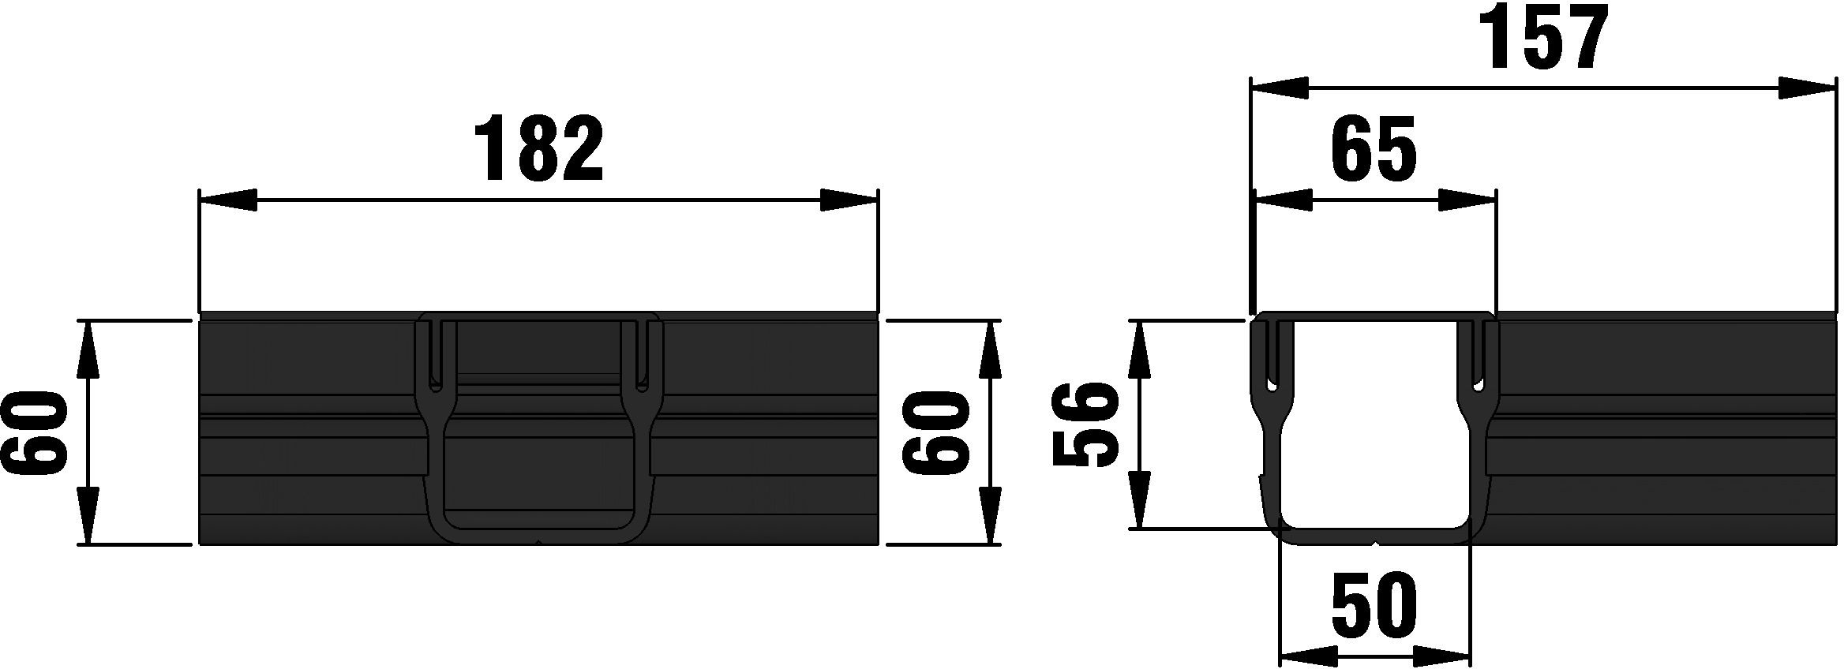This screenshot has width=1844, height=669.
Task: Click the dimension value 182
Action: pos(539,148)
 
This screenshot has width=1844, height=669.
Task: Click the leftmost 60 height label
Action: pos(33,435)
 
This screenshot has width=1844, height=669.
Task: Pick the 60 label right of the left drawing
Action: pos(936,434)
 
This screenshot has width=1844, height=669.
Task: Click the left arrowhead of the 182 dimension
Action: pos(228,200)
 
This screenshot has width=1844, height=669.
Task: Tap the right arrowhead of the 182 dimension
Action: pos(849,200)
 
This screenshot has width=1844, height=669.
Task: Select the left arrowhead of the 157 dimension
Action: pos(1280,88)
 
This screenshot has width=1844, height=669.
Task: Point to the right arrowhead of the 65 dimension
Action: pos(1467,200)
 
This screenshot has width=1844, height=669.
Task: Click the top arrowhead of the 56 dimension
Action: pos(1139,349)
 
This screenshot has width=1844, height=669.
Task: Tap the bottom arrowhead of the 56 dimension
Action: pos(1139,499)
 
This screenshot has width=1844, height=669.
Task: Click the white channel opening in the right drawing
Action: pos(1374,442)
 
